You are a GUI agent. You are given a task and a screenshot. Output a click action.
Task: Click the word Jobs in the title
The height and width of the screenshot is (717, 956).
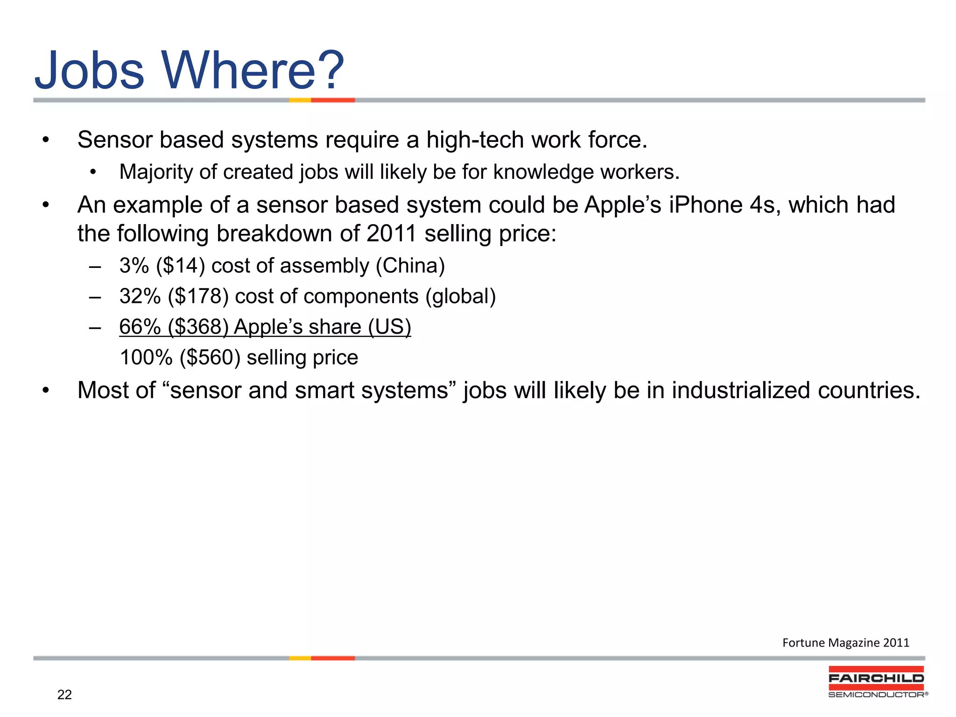coord(90,71)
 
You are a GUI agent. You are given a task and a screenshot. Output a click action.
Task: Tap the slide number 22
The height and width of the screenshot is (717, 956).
coord(64,695)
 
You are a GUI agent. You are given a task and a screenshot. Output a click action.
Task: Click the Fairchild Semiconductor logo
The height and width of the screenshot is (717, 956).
coord(877,682)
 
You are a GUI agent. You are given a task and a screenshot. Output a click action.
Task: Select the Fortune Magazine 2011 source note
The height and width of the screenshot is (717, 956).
coord(845,643)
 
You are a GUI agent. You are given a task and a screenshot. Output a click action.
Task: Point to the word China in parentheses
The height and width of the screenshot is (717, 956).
coord(410,266)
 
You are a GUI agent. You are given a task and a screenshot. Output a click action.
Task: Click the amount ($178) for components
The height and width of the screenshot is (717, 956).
coord(198,296)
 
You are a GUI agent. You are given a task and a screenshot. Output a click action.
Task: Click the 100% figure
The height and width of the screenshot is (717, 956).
coord(146,358)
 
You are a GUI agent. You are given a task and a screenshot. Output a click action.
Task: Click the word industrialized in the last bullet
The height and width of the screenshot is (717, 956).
coord(740,390)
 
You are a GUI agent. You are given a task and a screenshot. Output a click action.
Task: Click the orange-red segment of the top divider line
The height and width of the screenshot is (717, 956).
coord(333,100)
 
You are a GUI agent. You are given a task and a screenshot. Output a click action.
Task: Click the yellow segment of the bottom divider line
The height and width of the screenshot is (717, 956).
coord(300,658)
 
